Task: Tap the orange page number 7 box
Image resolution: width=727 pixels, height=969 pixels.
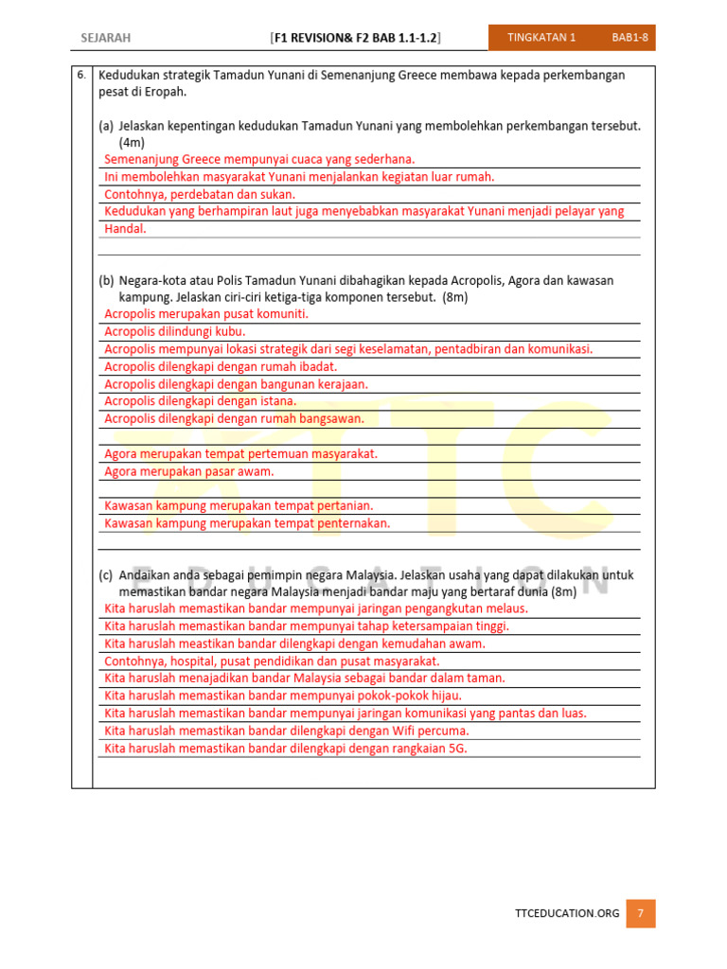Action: (x=641, y=913)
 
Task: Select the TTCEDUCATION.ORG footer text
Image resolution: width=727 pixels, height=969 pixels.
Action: (x=567, y=913)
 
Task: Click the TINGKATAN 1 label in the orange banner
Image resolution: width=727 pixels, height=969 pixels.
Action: (x=541, y=38)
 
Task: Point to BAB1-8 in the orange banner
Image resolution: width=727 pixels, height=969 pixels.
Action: (x=629, y=38)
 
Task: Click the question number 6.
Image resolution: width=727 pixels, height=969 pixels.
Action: (x=81, y=75)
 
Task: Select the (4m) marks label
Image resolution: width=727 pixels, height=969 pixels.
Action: (x=132, y=142)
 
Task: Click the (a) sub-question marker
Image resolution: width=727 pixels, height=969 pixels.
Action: (x=106, y=126)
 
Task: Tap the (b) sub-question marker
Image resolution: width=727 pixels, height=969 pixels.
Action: (x=106, y=281)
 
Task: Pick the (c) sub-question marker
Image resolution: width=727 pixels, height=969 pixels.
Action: (x=106, y=575)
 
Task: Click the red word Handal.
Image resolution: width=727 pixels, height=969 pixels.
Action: (x=125, y=229)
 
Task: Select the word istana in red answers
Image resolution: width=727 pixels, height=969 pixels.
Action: (x=276, y=401)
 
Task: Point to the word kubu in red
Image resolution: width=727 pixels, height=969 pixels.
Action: (x=232, y=332)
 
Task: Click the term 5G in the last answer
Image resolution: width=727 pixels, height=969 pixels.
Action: (x=458, y=749)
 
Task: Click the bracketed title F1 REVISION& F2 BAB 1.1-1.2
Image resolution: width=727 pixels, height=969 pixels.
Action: (x=355, y=38)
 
